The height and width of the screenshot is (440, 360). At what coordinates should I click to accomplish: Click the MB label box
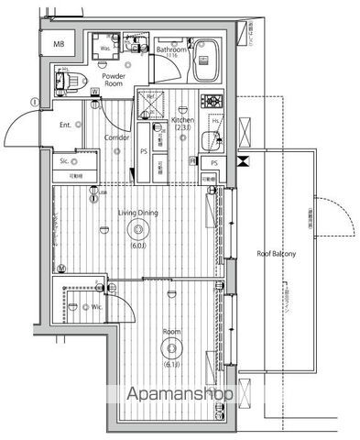(x=59, y=43)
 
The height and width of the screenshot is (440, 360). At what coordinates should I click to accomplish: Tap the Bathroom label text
(x=170, y=50)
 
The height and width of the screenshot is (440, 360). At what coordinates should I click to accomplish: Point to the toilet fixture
(x=67, y=81)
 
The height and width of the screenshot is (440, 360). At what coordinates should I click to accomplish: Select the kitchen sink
(x=210, y=142)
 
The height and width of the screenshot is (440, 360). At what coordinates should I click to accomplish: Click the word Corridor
(x=115, y=137)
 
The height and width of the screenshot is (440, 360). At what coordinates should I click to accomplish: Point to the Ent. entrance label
(x=66, y=124)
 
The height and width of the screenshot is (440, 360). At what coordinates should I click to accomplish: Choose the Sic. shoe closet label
(x=65, y=160)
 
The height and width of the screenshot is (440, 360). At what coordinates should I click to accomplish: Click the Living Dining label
(x=137, y=214)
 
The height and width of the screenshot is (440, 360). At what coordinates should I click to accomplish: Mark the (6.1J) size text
(x=170, y=366)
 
